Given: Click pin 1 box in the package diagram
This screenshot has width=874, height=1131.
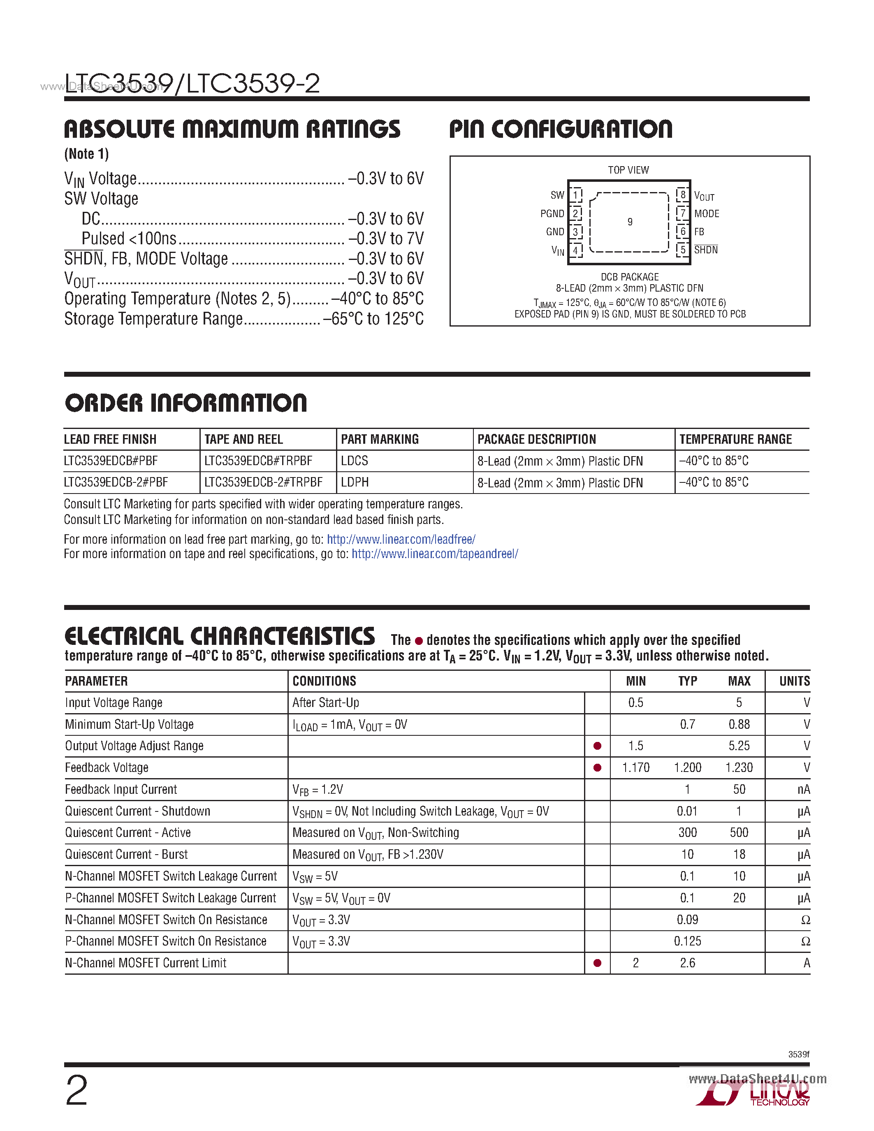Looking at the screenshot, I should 575,195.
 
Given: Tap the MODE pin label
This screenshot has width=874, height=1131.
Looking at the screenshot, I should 707,213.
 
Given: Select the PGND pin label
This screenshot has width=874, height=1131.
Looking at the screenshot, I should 552,213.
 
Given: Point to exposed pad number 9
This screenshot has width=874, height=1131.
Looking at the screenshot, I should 630,222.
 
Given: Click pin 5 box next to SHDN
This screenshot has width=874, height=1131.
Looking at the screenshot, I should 682,250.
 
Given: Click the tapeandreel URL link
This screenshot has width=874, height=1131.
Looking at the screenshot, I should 434,554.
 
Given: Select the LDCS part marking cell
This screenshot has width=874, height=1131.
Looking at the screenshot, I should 355,460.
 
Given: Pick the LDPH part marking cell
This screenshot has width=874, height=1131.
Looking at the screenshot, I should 355,482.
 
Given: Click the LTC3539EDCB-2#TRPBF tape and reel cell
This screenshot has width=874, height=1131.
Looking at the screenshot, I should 263,482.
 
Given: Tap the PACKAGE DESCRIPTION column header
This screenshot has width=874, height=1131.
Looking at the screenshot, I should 536,439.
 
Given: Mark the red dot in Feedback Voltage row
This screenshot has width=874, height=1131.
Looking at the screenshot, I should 597,767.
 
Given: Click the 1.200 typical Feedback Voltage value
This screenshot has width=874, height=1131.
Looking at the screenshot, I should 688,767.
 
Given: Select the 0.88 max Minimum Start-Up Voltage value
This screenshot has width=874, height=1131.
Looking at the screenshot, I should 739,724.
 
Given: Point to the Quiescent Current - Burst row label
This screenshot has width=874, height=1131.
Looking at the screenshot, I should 126,854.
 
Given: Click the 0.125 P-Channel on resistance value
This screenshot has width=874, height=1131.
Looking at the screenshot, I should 688,941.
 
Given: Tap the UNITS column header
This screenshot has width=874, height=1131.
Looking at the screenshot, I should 794,681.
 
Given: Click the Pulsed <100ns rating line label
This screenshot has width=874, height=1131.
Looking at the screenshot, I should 129,238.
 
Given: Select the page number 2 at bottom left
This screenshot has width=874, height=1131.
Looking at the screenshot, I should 77,1091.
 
